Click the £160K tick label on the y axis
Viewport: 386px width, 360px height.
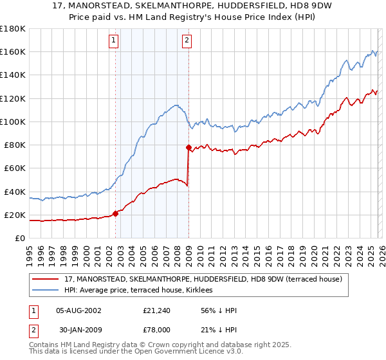click(x=13, y=51)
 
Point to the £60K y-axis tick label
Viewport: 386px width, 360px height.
click(x=15, y=168)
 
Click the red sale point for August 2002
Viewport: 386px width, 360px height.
click(x=116, y=213)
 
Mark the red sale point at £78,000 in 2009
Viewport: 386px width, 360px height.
click(x=189, y=147)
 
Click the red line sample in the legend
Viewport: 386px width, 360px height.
click(x=46, y=279)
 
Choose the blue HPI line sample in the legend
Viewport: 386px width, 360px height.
click(x=46, y=291)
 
